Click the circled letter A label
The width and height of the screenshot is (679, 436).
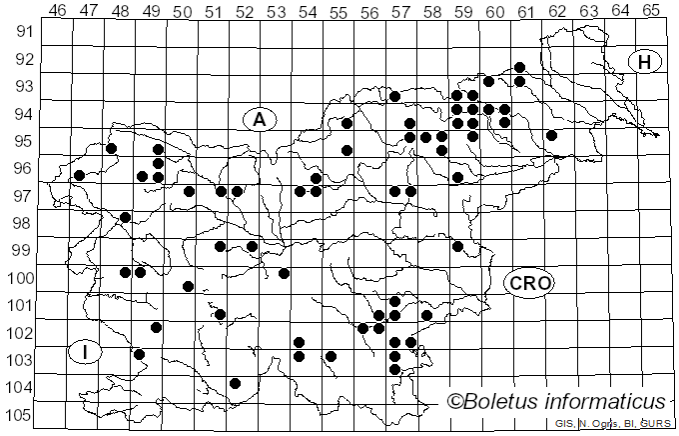[259, 119]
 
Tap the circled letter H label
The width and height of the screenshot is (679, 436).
[645, 62]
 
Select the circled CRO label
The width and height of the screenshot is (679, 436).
[529, 283]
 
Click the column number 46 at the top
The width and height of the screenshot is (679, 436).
[58, 11]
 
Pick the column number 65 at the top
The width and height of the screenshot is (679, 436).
[651, 11]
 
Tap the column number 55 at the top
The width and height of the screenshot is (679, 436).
[339, 11]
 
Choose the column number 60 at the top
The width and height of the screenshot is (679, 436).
[495, 11]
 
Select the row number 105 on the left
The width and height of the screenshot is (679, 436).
[22, 415]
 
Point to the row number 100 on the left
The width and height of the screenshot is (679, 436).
[22, 278]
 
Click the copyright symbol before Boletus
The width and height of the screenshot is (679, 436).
[454, 402]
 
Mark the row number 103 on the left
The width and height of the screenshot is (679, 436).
[22, 360]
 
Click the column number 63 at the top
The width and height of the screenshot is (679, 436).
[588, 11]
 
